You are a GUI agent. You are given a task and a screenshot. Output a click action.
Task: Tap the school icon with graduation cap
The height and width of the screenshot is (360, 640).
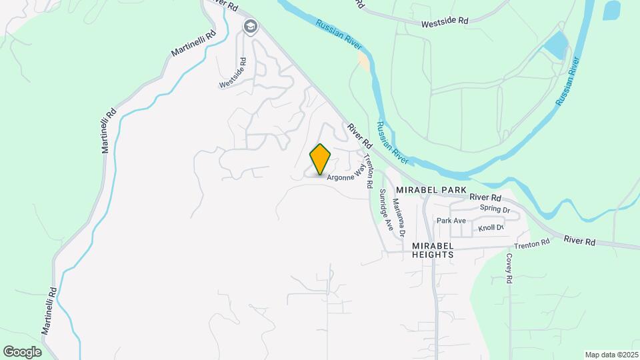tap(251, 27)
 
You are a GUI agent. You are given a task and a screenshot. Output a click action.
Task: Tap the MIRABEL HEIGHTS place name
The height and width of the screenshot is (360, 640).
tap(433, 250)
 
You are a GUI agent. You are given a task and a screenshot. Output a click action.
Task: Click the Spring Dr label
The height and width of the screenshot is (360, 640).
tap(495, 209)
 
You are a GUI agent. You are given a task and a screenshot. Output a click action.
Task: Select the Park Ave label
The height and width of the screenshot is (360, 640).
tap(451, 220)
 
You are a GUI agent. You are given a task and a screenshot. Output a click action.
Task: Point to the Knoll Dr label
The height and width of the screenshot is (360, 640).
tap(491, 228)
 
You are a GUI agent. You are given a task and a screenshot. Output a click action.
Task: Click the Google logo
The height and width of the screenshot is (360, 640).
tap(22, 352)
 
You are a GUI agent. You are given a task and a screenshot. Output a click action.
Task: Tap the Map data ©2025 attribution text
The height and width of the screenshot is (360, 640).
tap(611, 355)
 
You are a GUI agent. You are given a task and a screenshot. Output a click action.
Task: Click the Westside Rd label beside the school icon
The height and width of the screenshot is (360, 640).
tap(233, 73)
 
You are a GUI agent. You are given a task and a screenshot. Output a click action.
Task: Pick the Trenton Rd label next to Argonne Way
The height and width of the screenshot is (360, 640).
tap(366, 171)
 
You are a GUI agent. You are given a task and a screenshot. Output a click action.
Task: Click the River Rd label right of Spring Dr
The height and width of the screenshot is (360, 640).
tap(485, 197)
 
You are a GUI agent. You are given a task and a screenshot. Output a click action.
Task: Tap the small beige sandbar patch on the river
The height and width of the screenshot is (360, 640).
tap(363, 60)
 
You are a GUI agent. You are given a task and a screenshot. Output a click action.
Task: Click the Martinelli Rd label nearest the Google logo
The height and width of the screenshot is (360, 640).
tap(48, 311)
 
